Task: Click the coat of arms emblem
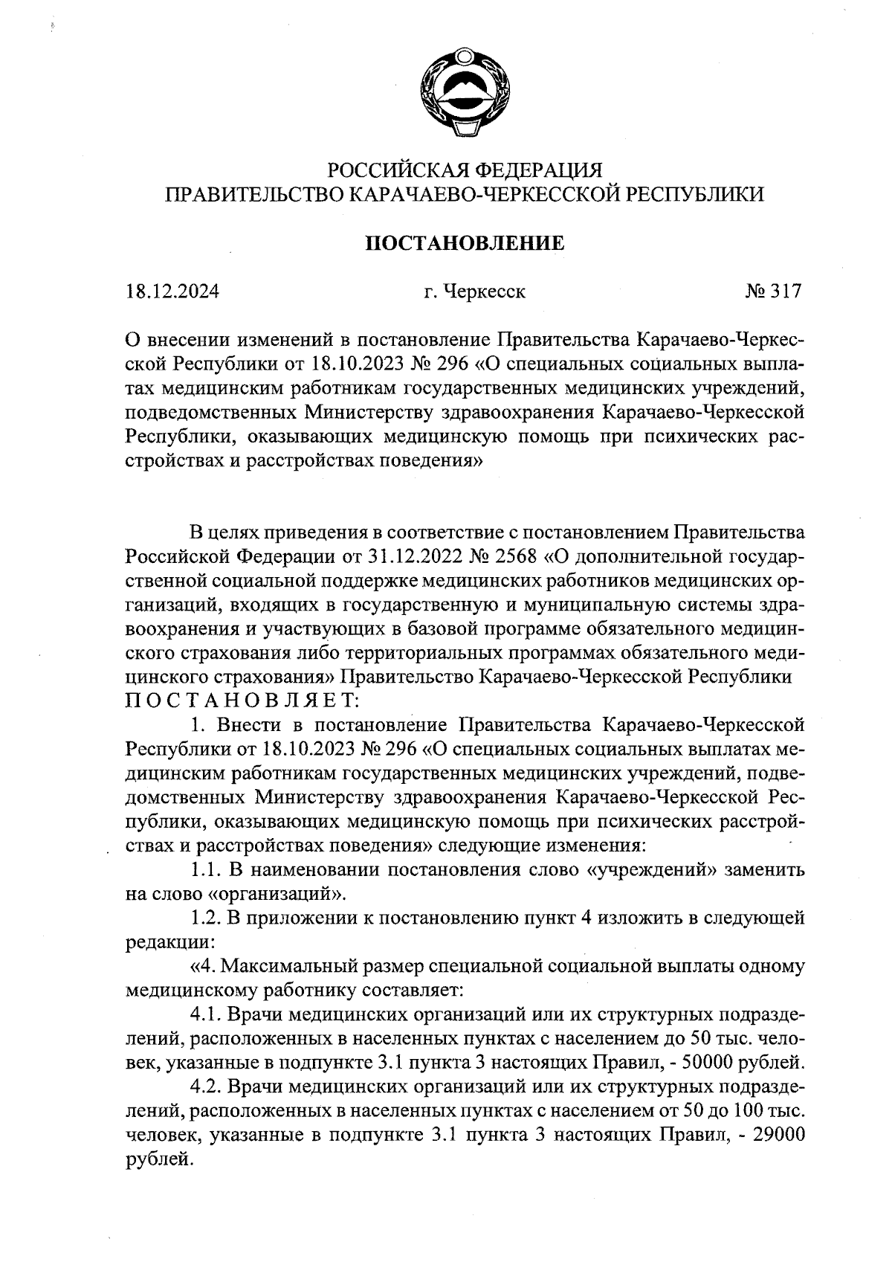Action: tap(465, 94)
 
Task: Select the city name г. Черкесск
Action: tap(474, 292)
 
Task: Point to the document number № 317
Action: tap(773, 292)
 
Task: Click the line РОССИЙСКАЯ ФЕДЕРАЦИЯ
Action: tap(464, 170)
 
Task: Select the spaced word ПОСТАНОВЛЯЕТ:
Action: tap(242, 701)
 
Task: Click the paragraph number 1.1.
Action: tap(204, 870)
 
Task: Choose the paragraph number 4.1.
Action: tap(206, 1014)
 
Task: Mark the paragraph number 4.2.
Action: tap(206, 1087)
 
